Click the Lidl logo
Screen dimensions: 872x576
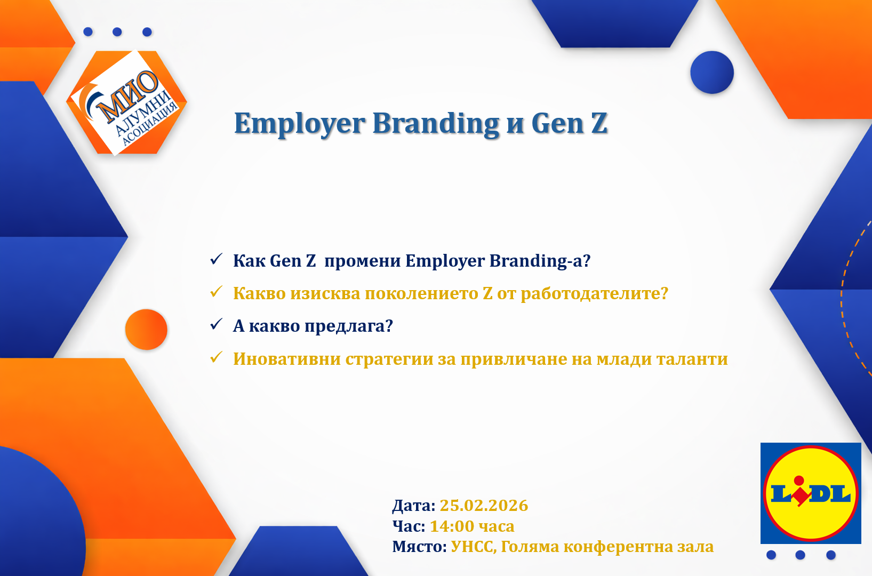(811, 493)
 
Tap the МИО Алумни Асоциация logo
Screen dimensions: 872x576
(127, 102)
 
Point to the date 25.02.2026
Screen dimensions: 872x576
(484, 505)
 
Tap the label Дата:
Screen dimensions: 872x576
(413, 506)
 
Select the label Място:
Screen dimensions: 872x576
(419, 547)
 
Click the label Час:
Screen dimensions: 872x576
(409, 526)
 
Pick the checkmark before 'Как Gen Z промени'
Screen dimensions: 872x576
(216, 259)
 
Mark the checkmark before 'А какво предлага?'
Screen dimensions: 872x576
(216, 324)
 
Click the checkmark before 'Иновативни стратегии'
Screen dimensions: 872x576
(216, 357)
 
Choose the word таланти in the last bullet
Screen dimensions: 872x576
(692, 359)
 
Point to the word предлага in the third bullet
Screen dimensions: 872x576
(348, 326)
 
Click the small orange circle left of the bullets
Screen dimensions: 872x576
(146, 329)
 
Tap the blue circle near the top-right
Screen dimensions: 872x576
(712, 73)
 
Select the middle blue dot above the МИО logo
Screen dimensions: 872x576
(117, 32)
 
